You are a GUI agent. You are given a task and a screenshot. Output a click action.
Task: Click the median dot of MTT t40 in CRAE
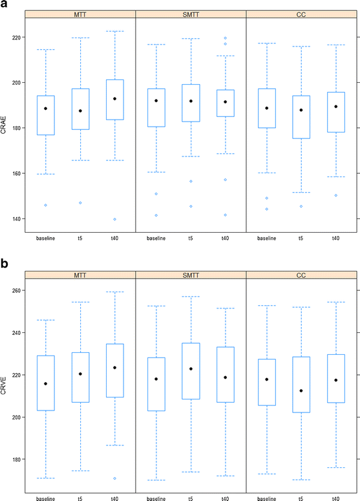click(114, 99)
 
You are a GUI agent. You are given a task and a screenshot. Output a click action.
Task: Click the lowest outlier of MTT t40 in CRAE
click(114, 219)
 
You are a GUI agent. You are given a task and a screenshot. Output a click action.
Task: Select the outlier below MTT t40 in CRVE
click(114, 478)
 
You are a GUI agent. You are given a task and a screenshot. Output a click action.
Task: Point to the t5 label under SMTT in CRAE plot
click(191, 239)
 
